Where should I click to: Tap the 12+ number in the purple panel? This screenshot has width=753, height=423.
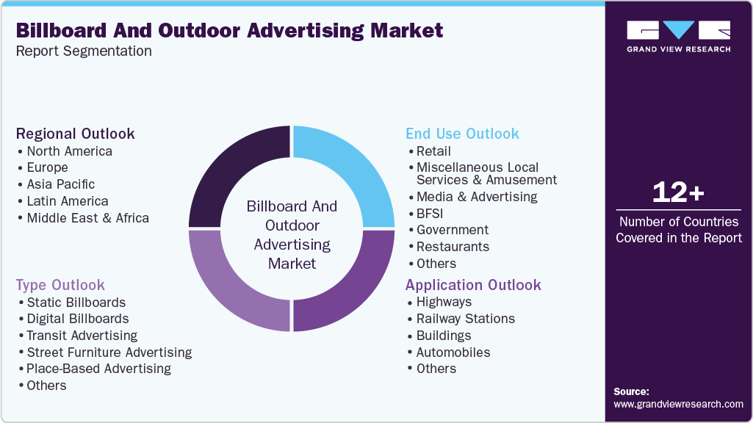678,192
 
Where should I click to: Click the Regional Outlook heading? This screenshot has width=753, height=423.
76,134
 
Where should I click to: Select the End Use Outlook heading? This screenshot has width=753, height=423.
462,134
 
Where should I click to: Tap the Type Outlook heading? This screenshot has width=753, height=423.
60,285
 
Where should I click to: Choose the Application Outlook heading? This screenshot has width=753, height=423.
473,285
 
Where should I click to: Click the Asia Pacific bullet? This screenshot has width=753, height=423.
60,184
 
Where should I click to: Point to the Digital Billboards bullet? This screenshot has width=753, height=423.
77,319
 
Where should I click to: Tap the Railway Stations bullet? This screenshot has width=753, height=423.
465,319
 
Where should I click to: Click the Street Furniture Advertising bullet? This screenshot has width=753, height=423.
109,352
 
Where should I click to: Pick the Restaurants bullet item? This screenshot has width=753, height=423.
453,247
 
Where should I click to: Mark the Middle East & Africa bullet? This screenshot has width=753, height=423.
87,218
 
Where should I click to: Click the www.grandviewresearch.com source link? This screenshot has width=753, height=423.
678,404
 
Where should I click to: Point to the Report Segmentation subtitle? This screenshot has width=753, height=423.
84,51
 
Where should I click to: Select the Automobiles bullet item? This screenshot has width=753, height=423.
453,352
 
